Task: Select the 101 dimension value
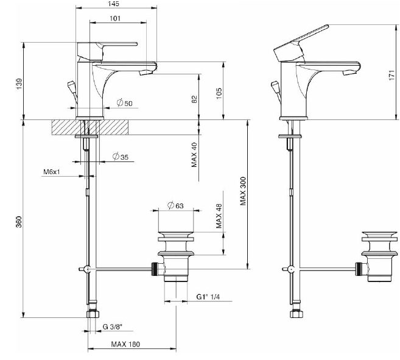point(115,18)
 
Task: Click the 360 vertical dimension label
point(19,222)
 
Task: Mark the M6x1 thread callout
point(52,172)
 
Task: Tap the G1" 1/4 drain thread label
point(206,297)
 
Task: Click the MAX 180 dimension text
point(125,344)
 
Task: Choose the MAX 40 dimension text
point(194,155)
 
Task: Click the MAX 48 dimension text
point(219,215)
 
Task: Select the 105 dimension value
point(219,93)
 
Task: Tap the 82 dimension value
point(194,99)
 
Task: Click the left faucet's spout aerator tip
point(146,74)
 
